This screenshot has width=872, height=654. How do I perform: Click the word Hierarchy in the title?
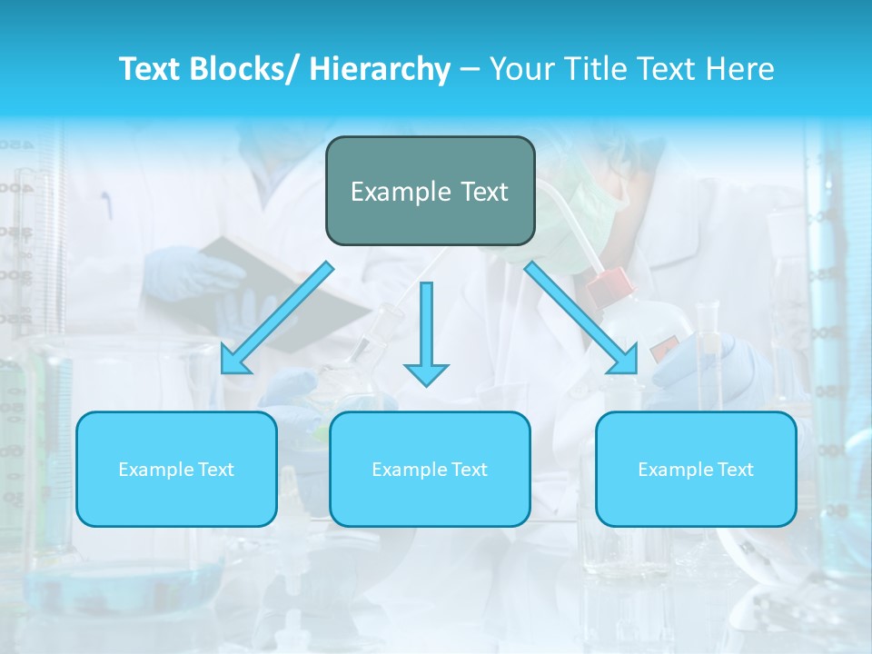[x=380, y=69]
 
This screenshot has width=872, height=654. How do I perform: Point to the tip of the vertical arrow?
[x=426, y=384]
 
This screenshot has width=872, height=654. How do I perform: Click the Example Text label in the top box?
[x=430, y=192]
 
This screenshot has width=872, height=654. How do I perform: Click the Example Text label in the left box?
[x=176, y=470]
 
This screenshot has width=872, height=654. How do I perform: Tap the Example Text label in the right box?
[x=696, y=470]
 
